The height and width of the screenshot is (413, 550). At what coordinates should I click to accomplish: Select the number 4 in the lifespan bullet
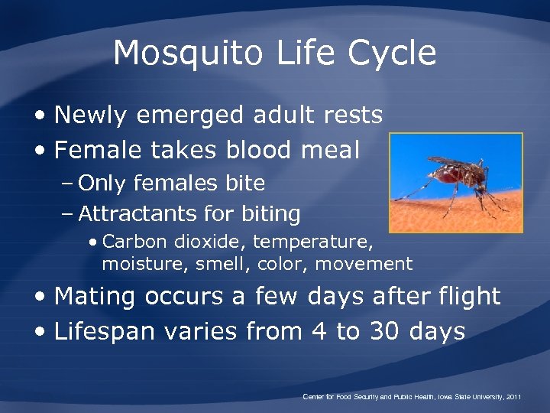[318, 331]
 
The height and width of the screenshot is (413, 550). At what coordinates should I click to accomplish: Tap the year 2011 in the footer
[513, 397]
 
